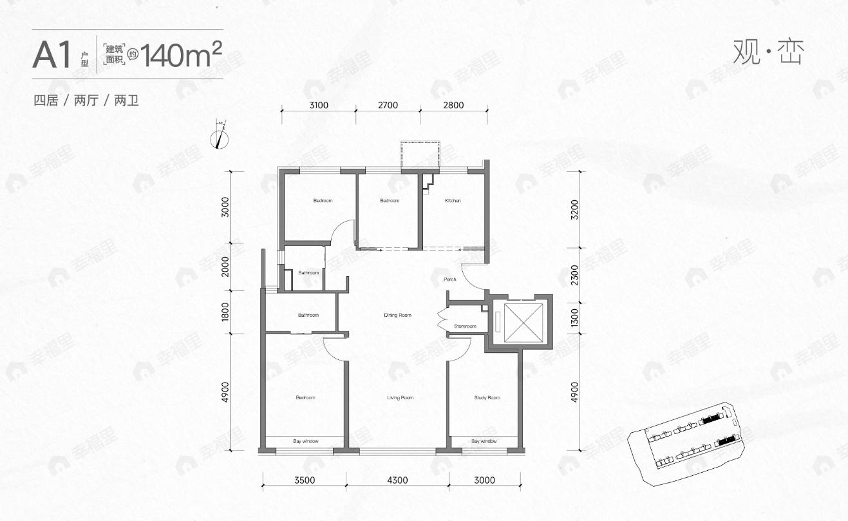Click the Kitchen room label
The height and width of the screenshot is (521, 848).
pos(453,201)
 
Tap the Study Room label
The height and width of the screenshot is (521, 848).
pos(485,398)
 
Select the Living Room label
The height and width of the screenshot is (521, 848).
pos(400,398)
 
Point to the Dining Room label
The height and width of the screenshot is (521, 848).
pos(397,316)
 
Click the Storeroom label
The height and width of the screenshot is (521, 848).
pos(465,327)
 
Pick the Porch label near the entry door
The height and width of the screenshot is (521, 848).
pos(449,279)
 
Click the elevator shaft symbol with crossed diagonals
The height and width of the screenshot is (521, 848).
pos(522,321)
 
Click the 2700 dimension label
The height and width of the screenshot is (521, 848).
pos(388,106)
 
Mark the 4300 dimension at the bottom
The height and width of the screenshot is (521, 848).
pos(397,480)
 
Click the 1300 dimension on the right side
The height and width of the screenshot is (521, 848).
pos(574,318)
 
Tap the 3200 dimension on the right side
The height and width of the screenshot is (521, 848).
pos(574,209)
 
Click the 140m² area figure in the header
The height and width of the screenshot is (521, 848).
pos(182,55)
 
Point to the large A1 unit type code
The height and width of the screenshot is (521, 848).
pos(52,56)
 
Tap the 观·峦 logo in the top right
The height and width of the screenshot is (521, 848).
pos(768,52)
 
